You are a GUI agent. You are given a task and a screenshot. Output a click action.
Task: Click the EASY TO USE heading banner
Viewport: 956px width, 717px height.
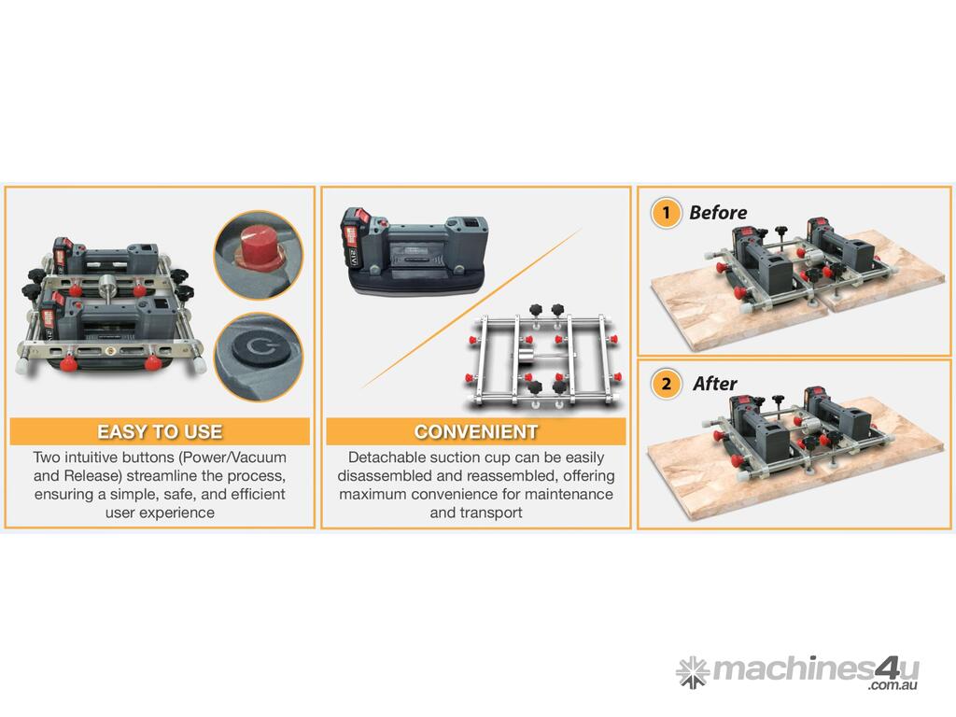click(160, 431)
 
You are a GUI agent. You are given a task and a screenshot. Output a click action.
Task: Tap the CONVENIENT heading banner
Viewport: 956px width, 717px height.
click(475, 431)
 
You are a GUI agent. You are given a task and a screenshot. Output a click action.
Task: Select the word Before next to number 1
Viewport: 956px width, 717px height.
click(718, 213)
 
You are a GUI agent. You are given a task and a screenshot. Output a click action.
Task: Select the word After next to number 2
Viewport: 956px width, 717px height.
click(714, 384)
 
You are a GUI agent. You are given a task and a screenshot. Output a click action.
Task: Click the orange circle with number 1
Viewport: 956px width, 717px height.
click(666, 213)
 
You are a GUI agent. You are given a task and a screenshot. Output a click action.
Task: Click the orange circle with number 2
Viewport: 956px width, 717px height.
click(666, 384)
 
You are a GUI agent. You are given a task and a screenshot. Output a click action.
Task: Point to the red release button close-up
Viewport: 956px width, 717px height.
click(259, 256)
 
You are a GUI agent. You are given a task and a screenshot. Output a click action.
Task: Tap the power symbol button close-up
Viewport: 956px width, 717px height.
click(259, 357)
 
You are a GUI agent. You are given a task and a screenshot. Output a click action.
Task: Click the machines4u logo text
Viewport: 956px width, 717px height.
click(815, 670)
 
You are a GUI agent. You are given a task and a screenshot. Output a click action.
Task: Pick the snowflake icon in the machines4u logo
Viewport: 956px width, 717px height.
click(693, 672)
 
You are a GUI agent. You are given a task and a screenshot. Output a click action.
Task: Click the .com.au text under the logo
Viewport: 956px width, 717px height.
click(893, 685)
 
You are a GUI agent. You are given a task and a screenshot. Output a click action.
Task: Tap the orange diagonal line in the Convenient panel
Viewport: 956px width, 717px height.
click(471, 308)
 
